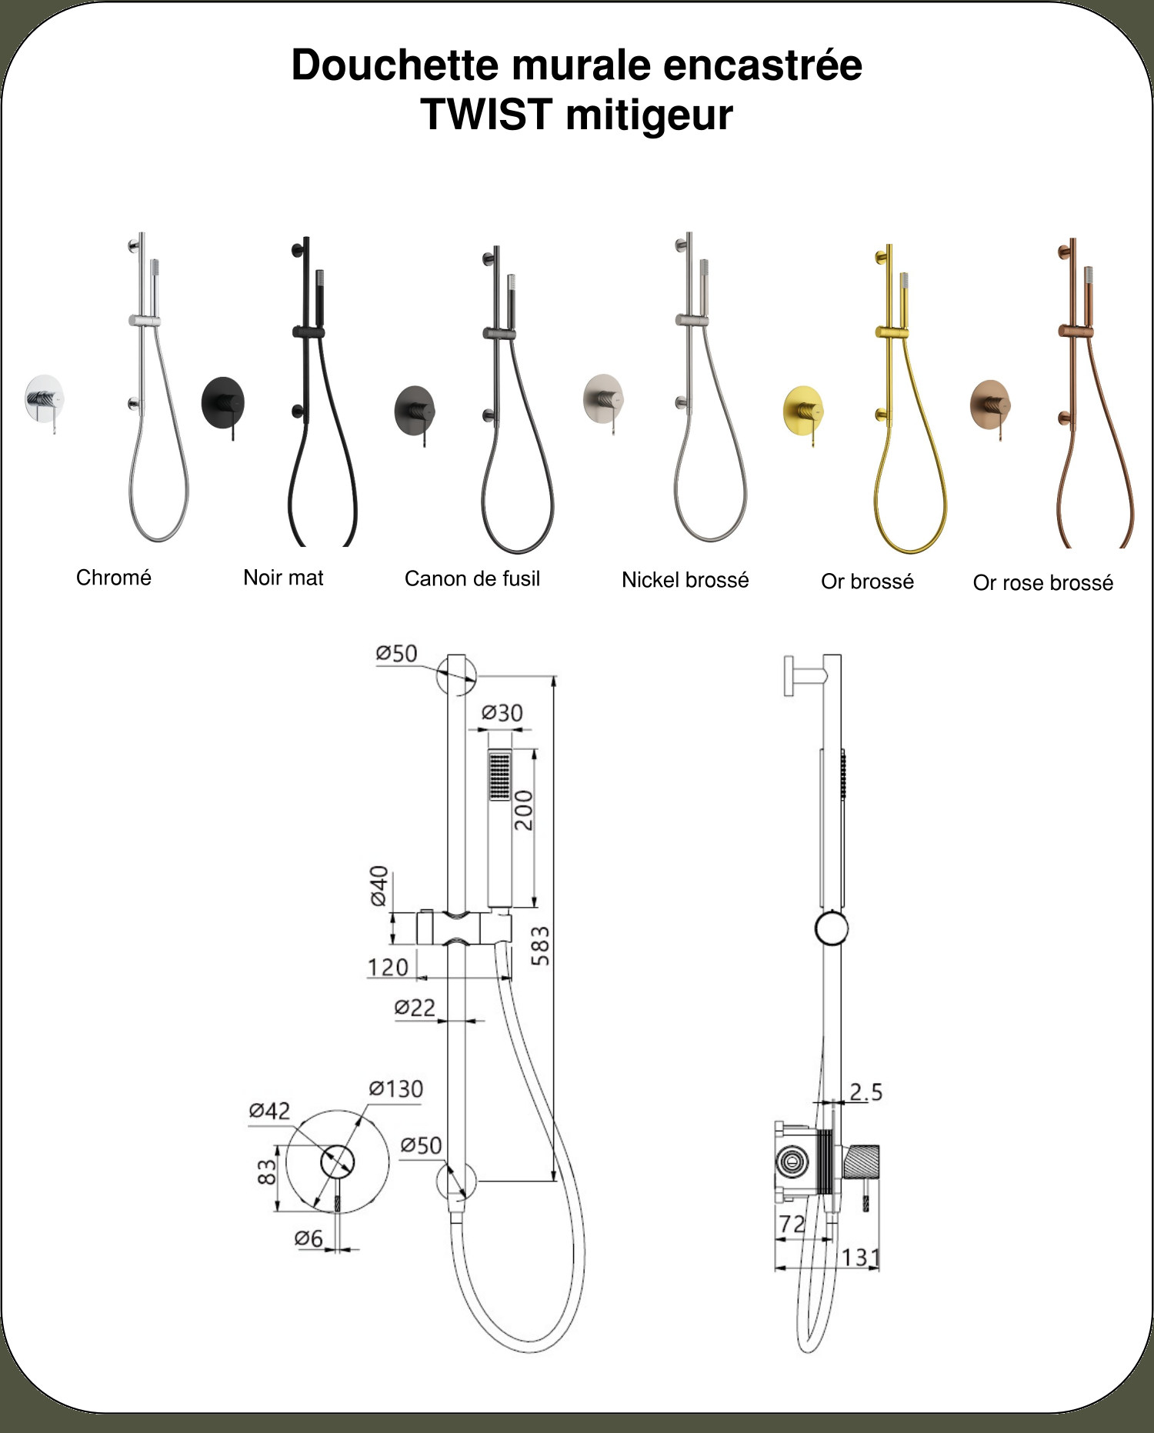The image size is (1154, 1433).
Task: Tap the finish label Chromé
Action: (x=114, y=577)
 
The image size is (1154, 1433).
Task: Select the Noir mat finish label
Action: (x=283, y=578)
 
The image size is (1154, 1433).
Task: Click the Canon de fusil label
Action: (x=472, y=578)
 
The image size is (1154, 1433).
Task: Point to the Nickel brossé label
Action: (x=685, y=580)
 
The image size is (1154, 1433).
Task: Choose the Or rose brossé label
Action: (x=1043, y=583)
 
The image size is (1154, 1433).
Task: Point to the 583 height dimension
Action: (x=541, y=946)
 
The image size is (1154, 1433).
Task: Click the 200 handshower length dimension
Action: (x=523, y=810)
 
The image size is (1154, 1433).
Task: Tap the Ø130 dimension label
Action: (x=395, y=1088)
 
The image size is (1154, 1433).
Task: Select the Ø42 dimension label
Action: (x=269, y=1110)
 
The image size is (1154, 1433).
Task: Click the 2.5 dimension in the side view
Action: (x=865, y=1091)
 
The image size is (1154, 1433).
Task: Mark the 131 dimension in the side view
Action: (x=860, y=1257)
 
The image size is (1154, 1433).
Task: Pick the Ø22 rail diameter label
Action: (x=415, y=1007)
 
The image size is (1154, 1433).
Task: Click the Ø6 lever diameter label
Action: (x=309, y=1238)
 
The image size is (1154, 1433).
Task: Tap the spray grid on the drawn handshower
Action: (x=500, y=775)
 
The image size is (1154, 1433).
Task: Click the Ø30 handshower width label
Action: (x=502, y=713)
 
